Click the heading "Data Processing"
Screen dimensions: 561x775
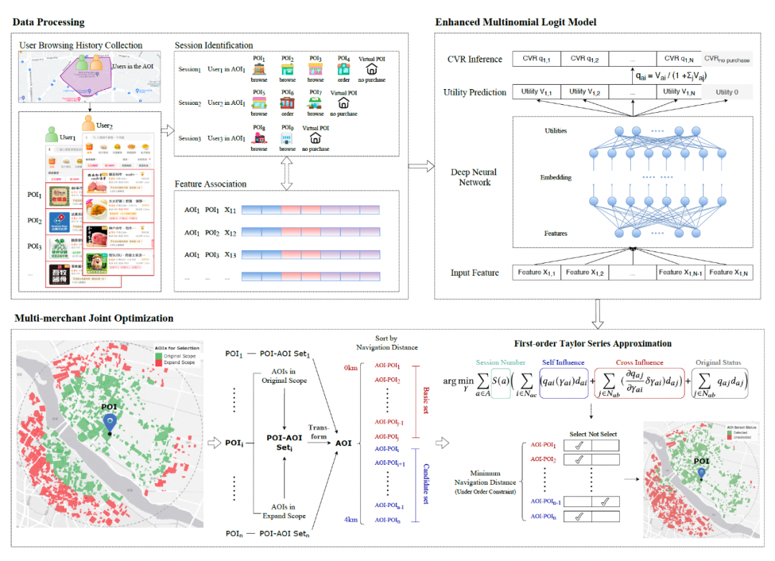48,22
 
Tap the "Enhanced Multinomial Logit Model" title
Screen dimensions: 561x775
516,22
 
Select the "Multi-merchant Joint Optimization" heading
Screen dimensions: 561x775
93,318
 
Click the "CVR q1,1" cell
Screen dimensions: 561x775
540,59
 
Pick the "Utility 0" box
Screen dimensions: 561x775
726,93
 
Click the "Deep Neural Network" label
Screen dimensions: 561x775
474,177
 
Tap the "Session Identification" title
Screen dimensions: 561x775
214,45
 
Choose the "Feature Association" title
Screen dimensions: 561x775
210,184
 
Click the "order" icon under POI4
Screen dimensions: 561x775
344,70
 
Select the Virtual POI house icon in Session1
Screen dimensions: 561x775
372,70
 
